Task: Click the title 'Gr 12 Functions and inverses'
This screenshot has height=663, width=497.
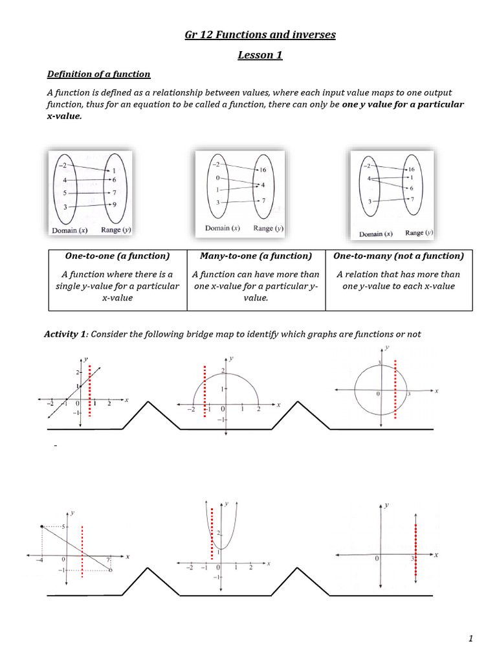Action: coord(260,34)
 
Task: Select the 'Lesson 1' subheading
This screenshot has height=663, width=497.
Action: coord(260,55)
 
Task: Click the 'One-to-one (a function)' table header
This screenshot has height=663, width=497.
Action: coord(117,256)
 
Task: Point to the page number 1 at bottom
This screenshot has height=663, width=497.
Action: coord(471,639)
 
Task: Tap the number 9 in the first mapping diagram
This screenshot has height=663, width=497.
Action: coord(114,205)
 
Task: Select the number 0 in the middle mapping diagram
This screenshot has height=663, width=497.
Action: coord(218,177)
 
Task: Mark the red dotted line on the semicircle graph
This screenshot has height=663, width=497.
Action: coord(204,392)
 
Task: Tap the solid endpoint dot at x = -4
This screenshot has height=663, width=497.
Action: coord(42,526)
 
